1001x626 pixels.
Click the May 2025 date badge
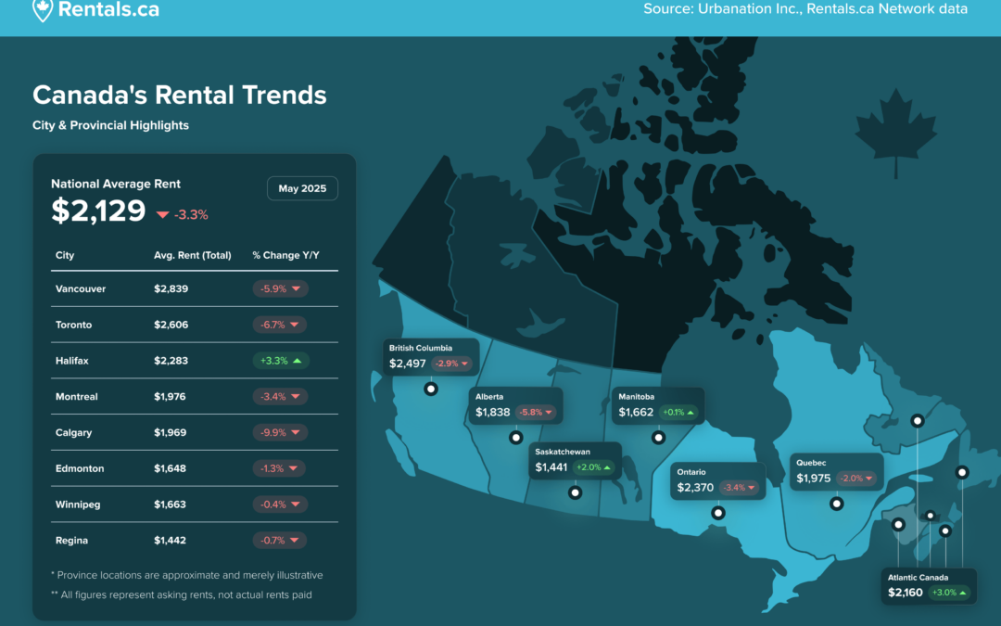coord(302,188)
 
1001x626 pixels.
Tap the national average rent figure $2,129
coord(98,211)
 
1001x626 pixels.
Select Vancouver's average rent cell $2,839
coord(171,288)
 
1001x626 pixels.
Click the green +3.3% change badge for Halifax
coord(281,361)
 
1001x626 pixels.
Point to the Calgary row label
coord(73,432)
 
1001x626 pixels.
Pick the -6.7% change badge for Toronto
coord(280,325)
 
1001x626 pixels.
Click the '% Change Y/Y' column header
coord(285,255)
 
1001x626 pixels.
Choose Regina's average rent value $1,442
coord(170,541)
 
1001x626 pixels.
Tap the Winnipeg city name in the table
coord(78,505)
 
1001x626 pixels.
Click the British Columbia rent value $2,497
coord(407,364)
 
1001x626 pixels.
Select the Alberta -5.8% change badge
coord(535,412)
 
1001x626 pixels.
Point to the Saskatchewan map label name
coord(563,452)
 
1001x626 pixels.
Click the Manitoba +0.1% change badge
coord(678,412)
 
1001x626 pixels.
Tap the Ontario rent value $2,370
coord(695,488)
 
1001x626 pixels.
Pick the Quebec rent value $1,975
coord(814,479)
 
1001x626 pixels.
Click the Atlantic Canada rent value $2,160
coord(906,593)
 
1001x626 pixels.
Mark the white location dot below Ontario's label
coord(718,513)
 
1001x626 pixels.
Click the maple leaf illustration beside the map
coord(895,131)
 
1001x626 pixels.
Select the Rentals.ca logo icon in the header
coord(43,9)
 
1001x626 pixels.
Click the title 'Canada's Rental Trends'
coord(180,96)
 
